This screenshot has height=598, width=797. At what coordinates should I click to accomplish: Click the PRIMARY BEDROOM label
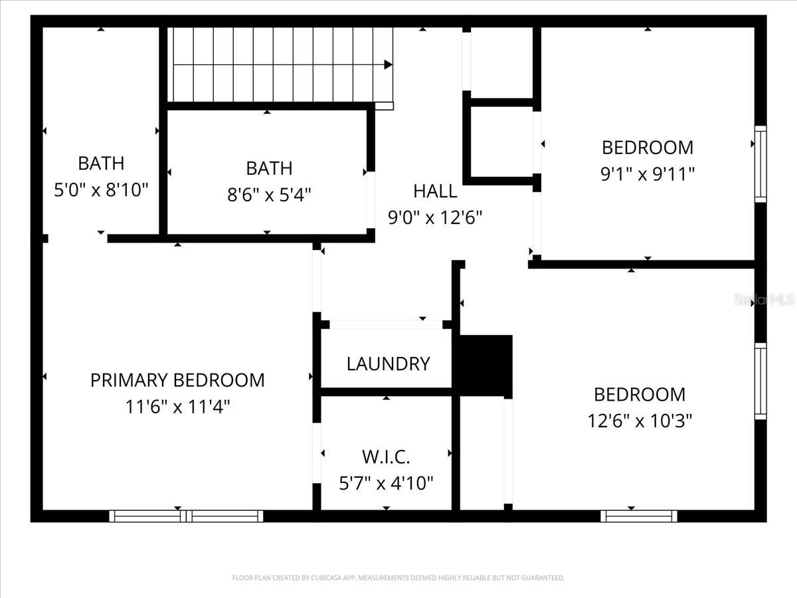point(177,380)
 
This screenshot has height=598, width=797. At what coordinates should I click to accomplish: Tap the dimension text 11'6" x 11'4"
point(177,407)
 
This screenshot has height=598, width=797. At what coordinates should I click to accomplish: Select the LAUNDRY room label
point(388,363)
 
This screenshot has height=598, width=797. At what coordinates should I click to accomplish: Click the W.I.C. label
point(386,457)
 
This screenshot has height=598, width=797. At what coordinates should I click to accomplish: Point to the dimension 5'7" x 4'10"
point(386,483)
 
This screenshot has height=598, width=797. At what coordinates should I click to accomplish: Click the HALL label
point(435,191)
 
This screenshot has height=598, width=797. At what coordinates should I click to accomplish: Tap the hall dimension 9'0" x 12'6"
point(435,217)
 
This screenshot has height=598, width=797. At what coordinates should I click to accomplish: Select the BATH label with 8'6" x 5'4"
point(269,168)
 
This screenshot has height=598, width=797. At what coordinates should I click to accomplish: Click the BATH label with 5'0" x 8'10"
point(101,163)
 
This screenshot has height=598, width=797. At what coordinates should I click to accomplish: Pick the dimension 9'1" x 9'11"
point(648,174)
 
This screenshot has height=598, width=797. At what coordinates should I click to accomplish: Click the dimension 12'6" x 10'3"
point(640,421)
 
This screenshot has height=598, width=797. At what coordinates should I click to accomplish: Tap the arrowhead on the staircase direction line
point(388,65)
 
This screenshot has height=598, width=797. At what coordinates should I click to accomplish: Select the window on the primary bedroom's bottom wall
point(186,516)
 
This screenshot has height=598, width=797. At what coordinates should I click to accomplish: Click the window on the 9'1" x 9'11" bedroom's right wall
point(760,163)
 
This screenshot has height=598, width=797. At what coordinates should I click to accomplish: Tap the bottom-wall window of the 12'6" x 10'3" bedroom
point(639,516)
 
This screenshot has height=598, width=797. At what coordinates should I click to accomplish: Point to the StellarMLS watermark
point(764,300)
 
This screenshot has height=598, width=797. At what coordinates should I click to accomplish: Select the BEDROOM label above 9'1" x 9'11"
point(648,147)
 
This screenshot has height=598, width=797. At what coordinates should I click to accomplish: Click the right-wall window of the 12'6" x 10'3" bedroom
point(760,381)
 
